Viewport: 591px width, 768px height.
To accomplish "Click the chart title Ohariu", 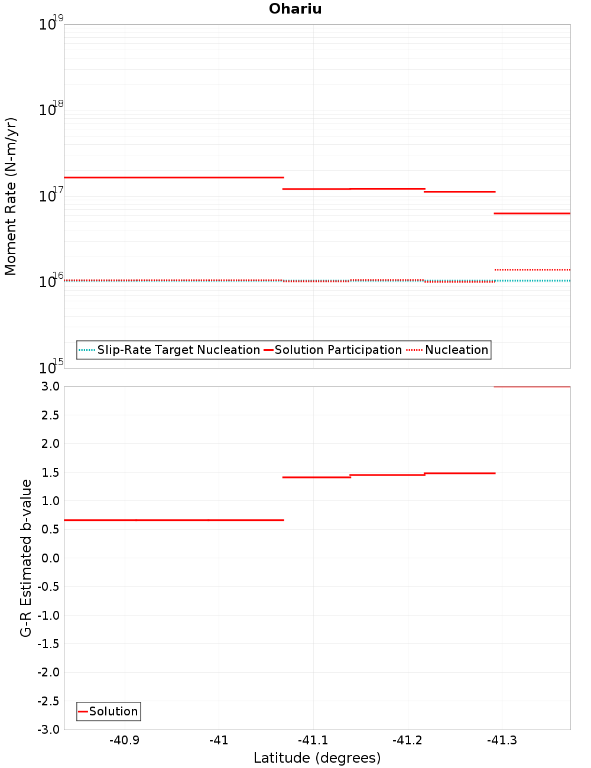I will (295, 9).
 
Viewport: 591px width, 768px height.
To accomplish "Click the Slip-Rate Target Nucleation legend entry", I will (178, 350).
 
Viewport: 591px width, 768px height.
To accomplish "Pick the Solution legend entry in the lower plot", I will (113, 711).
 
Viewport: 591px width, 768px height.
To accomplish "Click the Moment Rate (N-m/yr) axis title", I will (11, 196).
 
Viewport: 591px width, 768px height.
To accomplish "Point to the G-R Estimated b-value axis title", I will (26, 558).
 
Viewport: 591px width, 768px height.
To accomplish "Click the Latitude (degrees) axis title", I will (317, 758).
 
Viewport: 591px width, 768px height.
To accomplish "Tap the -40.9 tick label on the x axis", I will (125, 740).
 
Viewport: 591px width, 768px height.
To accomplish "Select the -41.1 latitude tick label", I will (313, 740).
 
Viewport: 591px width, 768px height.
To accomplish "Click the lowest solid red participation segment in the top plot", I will (532, 213).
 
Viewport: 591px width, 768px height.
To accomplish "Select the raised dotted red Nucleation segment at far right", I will (532, 269).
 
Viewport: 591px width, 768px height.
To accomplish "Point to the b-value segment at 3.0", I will (532, 387).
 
